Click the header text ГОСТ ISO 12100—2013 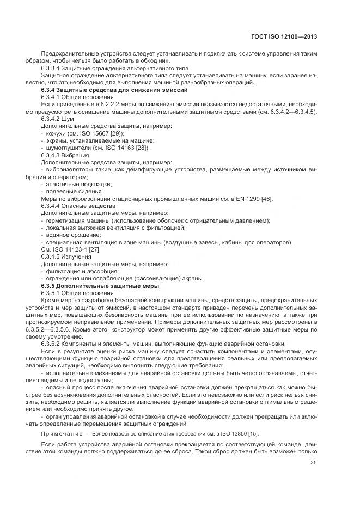point(284,36)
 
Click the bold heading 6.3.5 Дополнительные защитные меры point(100,286)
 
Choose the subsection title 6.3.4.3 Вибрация point(65,155)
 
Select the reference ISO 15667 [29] point(101,133)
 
